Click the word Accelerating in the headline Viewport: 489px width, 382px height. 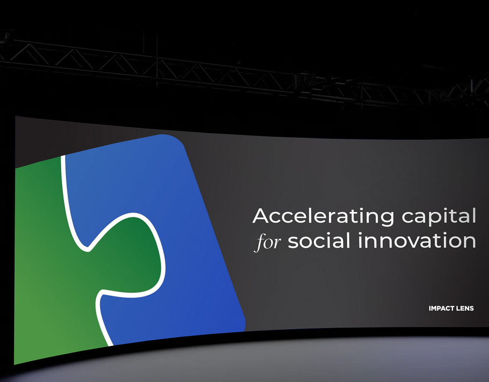323,216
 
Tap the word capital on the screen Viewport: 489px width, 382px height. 439,216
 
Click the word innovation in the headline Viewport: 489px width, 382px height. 417,240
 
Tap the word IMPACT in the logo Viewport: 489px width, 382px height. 441,308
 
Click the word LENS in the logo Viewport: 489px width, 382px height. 465,308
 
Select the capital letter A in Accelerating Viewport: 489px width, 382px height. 260,215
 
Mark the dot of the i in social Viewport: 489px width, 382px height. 328,234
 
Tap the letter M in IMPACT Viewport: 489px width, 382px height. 434,308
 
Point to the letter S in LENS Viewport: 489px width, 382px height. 472,308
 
